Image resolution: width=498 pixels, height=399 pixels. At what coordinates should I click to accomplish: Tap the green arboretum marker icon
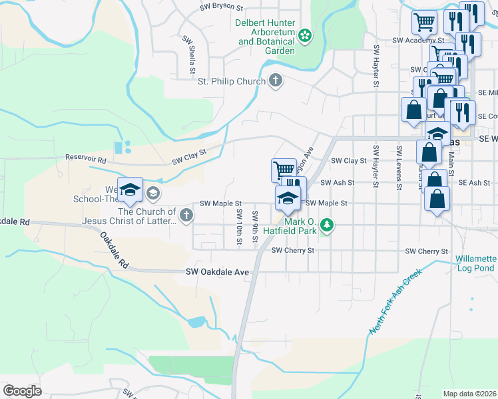(x=305, y=35)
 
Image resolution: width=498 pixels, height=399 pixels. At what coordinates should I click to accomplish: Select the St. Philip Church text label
(x=231, y=82)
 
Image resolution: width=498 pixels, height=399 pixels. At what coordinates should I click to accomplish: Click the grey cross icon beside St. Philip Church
(x=275, y=82)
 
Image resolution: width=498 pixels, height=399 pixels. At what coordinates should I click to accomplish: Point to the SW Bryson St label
(x=222, y=7)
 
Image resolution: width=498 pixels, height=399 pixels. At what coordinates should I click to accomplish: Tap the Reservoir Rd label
(x=86, y=160)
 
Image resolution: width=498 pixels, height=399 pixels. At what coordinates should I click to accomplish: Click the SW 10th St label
(x=239, y=226)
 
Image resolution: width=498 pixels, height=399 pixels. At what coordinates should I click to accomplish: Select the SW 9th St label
(x=255, y=226)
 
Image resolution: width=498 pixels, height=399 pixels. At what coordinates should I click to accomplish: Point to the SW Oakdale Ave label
(x=217, y=272)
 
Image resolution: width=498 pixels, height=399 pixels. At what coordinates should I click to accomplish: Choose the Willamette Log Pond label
(x=476, y=263)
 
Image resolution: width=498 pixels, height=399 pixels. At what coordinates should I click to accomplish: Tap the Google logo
(x=21, y=391)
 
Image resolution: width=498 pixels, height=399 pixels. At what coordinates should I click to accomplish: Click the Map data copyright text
(x=469, y=394)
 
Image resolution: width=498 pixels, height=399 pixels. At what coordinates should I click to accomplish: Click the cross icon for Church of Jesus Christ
(x=186, y=215)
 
